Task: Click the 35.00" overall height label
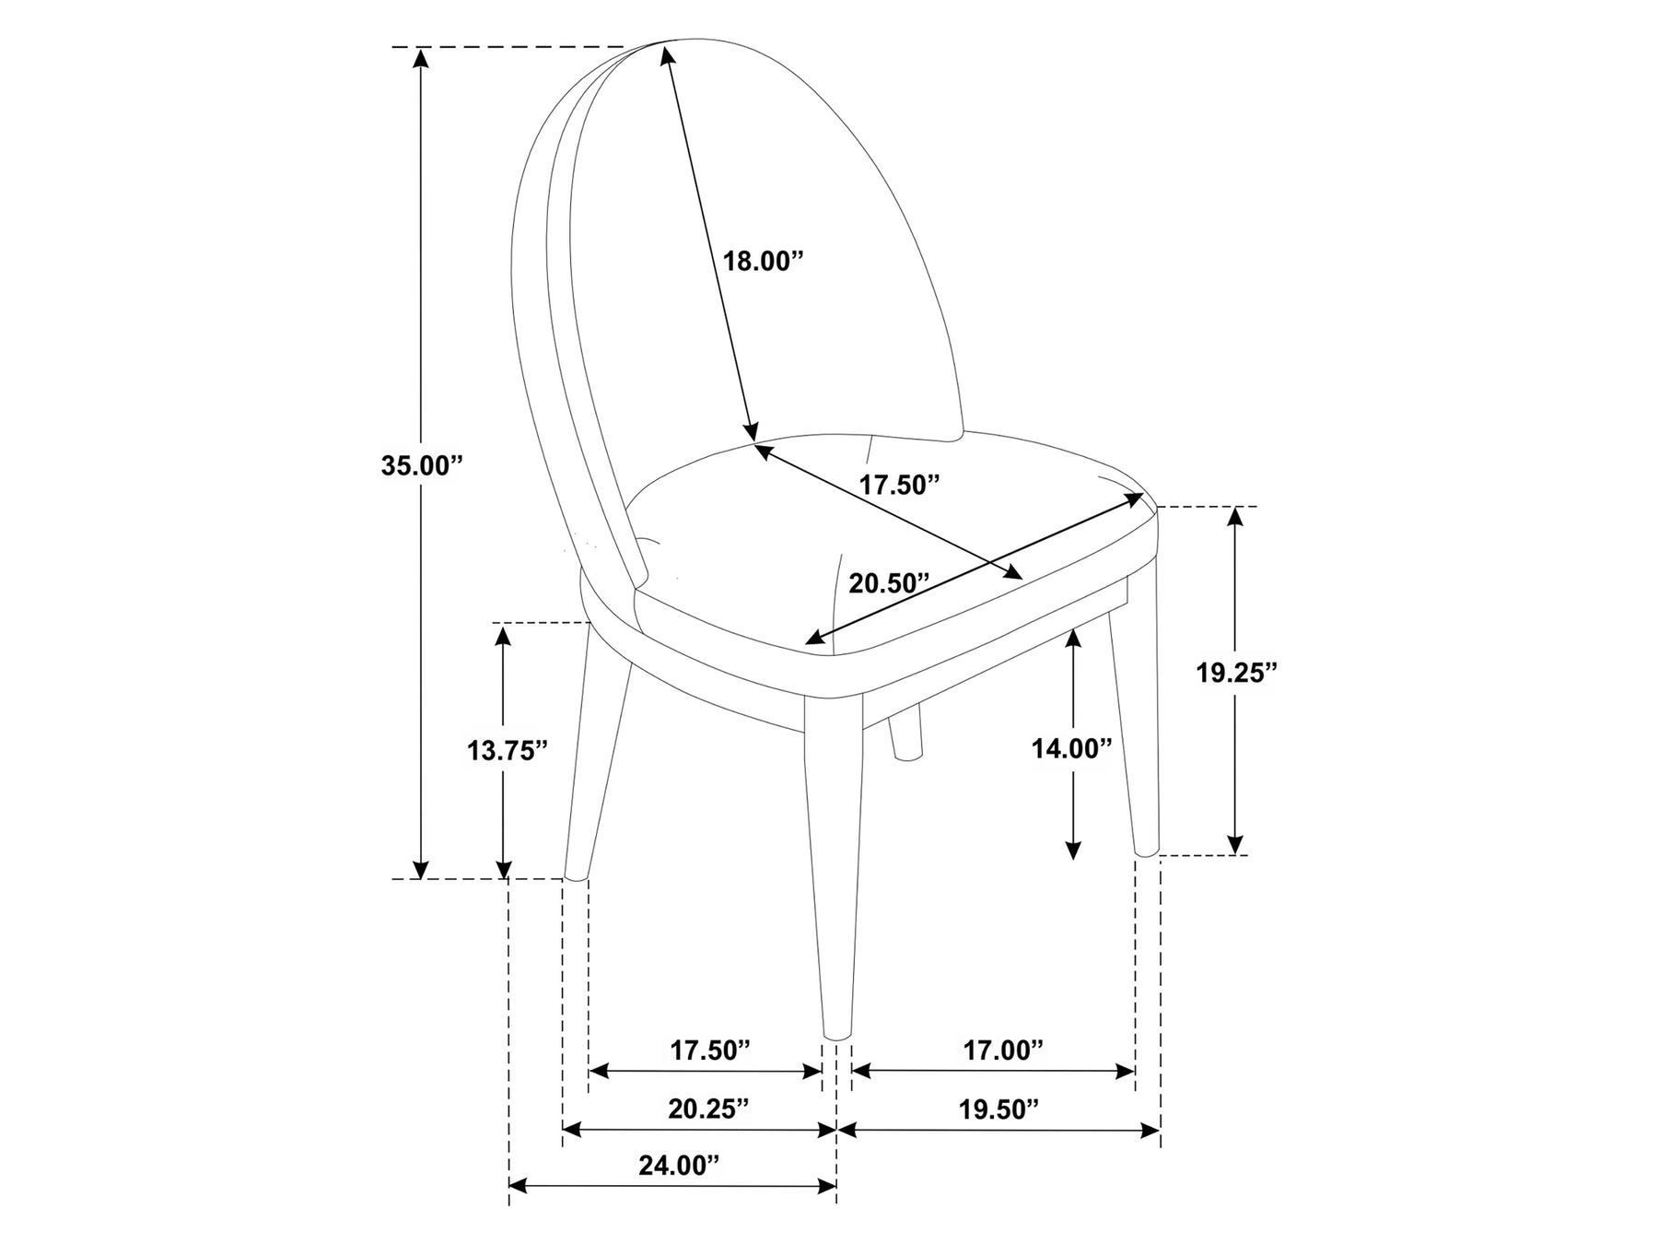[421, 465]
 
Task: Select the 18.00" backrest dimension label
[764, 261]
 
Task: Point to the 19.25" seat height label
[1237, 673]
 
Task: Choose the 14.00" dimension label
[1072, 748]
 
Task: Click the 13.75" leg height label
[508, 751]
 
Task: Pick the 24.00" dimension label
[679, 1166]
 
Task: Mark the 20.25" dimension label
[708, 1109]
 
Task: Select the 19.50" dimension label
[998, 1109]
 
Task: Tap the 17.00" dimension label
[1003, 1050]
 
